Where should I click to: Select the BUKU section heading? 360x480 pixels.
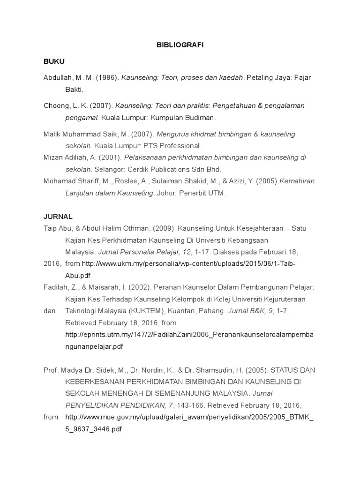[53, 61]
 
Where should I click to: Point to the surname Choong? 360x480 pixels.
[56, 105]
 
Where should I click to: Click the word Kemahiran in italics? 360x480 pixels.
[297, 180]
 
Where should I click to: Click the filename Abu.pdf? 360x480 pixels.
[79, 275]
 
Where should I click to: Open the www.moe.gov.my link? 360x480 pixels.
[189, 417]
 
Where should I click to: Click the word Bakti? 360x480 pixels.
[74, 89]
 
